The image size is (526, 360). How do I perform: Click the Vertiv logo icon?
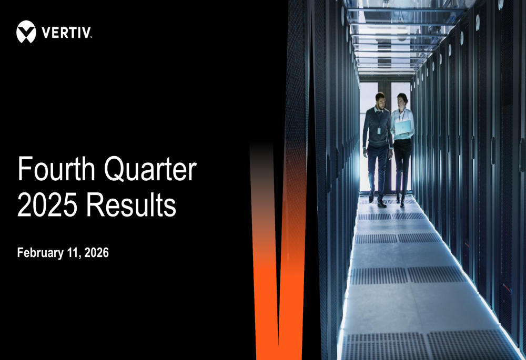26,32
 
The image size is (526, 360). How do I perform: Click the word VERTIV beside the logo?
66,33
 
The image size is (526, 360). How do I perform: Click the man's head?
380,99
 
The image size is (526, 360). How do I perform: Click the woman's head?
402,100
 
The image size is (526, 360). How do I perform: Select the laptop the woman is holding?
403,128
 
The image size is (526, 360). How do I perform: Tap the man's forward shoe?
381,203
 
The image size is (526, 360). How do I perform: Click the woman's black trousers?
402,163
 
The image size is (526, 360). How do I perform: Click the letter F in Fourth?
23,170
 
